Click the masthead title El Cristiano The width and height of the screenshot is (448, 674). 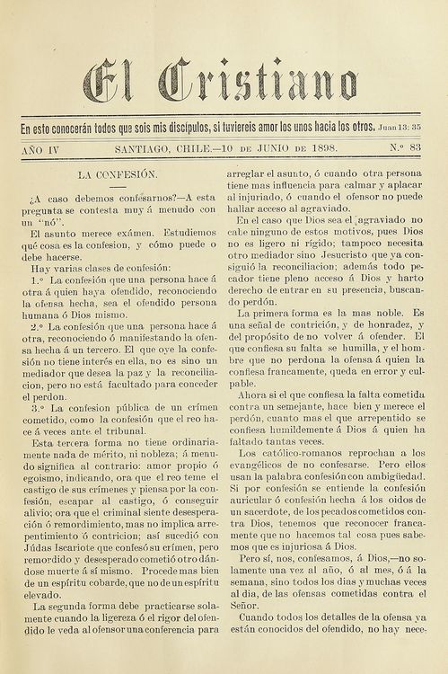[221, 82]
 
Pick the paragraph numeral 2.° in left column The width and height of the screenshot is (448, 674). [38, 325]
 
